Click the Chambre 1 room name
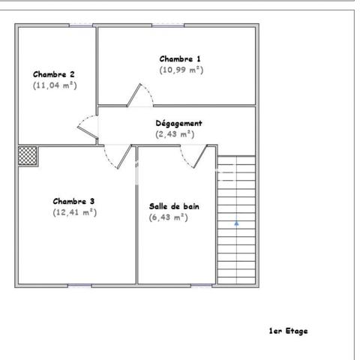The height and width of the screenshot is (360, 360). click(x=180, y=58)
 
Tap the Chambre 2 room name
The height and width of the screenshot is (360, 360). click(x=54, y=74)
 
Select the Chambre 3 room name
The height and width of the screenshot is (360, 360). click(x=73, y=201)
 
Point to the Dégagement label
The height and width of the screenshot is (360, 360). click(x=178, y=122)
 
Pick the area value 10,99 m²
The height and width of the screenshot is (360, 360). click(x=181, y=70)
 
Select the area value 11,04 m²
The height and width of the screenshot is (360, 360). click(x=55, y=85)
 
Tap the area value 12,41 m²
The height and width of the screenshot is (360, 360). click(x=74, y=212)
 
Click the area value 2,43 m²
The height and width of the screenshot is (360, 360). click(x=174, y=134)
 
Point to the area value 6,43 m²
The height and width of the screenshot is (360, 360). click(x=168, y=217)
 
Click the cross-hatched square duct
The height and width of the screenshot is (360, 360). click(x=28, y=154)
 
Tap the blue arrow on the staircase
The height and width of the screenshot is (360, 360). click(x=236, y=223)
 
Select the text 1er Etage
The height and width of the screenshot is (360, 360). click(x=288, y=330)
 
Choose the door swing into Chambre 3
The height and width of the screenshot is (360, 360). click(x=115, y=155)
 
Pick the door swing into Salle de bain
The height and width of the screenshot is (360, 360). click(x=193, y=155)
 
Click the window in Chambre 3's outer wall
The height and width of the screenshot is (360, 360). click(x=79, y=285)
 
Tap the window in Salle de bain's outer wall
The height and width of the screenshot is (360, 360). click(x=201, y=285)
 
